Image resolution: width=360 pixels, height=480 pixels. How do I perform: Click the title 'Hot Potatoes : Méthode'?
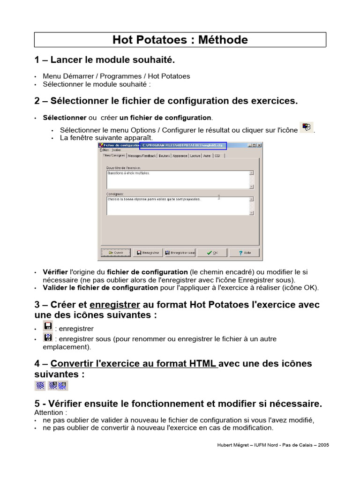[180, 40]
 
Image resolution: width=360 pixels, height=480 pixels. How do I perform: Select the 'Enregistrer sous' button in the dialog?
[180, 253]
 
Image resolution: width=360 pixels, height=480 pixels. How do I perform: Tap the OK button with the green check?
[212, 253]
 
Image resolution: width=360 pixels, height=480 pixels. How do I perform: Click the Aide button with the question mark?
[244, 253]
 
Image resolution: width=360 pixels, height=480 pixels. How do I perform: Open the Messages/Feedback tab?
[142, 156]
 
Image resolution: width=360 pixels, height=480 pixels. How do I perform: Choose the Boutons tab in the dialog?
[164, 156]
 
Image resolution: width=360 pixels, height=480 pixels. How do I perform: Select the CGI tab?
[217, 156]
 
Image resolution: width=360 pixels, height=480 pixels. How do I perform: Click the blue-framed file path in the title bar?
[183, 146]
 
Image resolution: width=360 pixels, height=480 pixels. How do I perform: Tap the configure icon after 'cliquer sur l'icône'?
[307, 127]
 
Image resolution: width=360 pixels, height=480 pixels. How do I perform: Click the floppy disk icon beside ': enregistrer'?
[48, 326]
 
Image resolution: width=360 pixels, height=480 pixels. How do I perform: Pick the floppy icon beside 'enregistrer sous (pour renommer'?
[48, 337]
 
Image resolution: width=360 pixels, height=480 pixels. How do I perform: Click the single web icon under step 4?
[40, 385]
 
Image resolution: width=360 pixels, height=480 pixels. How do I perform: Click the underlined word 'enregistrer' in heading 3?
[115, 305]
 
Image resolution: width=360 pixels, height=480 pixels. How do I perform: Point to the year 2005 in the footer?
[323, 445]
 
